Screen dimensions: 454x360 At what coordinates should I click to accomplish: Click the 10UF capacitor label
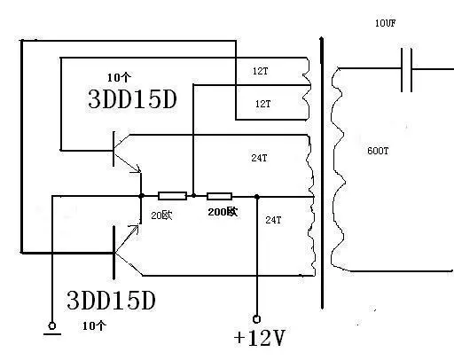pyautogui.click(x=385, y=23)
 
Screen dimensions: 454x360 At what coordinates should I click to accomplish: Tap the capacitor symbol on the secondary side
pyautogui.click(x=406, y=70)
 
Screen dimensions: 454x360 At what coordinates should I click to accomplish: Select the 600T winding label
pyautogui.click(x=378, y=151)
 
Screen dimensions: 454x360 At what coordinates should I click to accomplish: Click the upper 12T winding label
pyautogui.click(x=260, y=71)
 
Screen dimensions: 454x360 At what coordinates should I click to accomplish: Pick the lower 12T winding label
pyautogui.click(x=262, y=104)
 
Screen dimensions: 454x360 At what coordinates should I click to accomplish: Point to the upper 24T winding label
pyautogui.click(x=259, y=158)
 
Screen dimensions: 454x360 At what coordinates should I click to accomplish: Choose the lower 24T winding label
pyautogui.click(x=273, y=220)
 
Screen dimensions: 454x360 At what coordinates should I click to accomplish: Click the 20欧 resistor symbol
pyautogui.click(x=172, y=196)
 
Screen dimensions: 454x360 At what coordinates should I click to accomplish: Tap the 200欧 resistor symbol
pyautogui.click(x=219, y=196)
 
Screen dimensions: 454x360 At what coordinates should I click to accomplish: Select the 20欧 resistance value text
pyautogui.click(x=161, y=215)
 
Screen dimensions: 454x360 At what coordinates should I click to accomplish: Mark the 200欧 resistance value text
pyautogui.click(x=223, y=212)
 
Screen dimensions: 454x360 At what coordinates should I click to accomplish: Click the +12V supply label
pyautogui.click(x=259, y=338)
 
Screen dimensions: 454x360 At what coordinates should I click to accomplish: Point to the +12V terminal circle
pyautogui.click(x=256, y=319)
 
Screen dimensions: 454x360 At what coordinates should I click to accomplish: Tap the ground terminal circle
pyautogui.click(x=52, y=325)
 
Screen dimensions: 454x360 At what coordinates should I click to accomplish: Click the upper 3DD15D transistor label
pyautogui.click(x=132, y=98)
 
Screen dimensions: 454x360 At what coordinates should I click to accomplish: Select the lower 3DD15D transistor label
pyautogui.click(x=111, y=301)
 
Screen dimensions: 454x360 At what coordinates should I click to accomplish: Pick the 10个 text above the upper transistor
pyautogui.click(x=119, y=77)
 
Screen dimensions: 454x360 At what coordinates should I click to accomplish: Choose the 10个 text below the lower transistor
pyautogui.click(x=94, y=325)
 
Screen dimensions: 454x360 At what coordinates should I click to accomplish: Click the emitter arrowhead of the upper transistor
pyautogui.click(x=137, y=169)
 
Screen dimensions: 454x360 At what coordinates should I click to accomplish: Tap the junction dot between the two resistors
pyautogui.click(x=193, y=196)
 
